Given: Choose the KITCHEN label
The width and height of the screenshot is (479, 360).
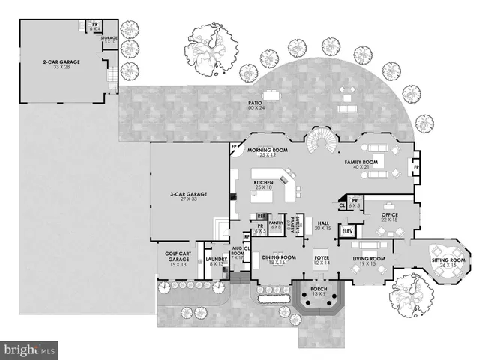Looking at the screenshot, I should coord(263,184).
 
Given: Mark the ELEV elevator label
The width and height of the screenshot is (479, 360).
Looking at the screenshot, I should coord(347,231).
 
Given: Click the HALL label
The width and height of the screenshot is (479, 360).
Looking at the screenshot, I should coord(322,225).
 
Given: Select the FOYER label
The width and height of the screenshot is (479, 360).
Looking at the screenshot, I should coord(322,259).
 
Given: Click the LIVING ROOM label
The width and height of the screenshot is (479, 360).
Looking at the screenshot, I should coord(369,260).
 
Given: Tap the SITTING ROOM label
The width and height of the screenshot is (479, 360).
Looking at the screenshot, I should coord(448,262).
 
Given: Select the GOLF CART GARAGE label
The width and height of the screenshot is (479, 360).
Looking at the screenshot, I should coord(178,259).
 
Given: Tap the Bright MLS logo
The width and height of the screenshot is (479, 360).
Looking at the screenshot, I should coord(30,349).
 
